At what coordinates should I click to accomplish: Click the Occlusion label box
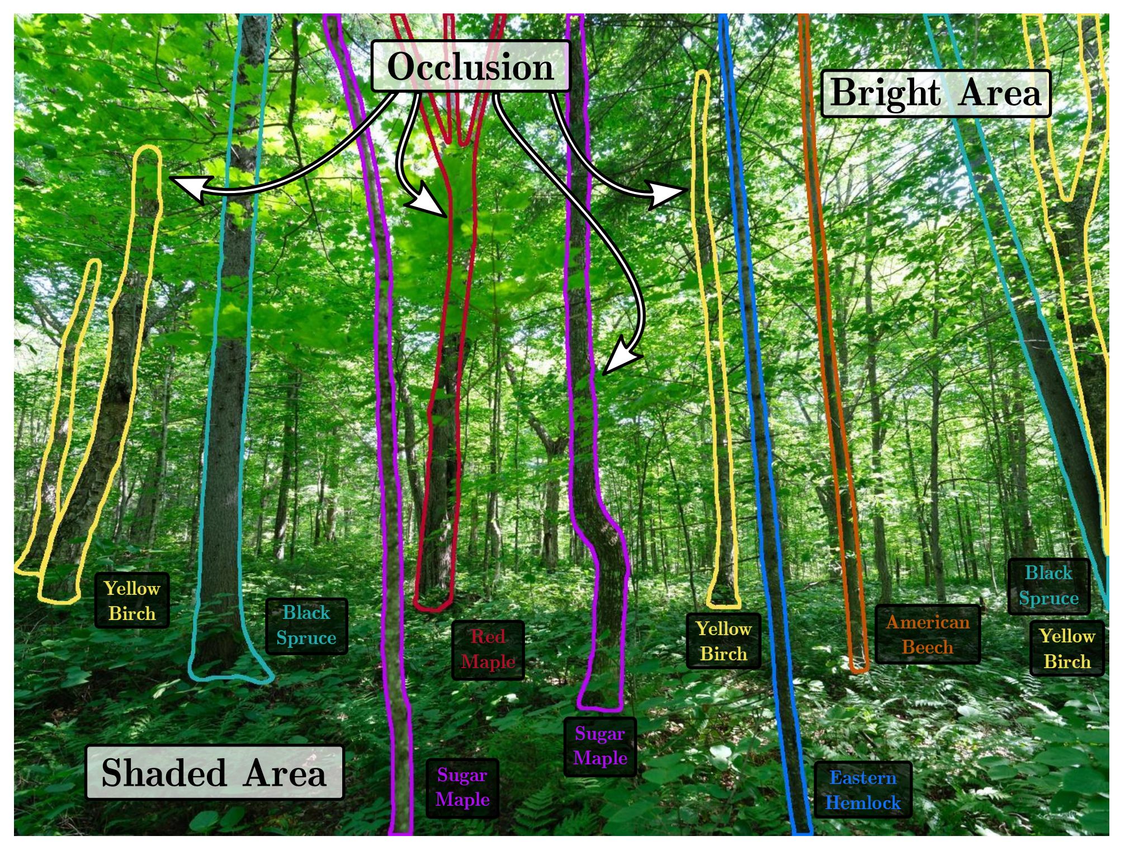[x=470, y=66]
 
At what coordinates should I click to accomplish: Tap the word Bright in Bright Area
[x=885, y=92]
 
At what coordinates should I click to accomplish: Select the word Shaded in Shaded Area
[x=164, y=773]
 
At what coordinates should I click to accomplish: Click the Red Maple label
[x=488, y=650]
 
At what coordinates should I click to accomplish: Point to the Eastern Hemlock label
[x=863, y=790]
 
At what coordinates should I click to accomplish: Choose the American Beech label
[x=928, y=635]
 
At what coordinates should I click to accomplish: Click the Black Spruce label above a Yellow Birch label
[x=1048, y=586]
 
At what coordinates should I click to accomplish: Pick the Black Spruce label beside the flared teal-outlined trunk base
[x=306, y=626]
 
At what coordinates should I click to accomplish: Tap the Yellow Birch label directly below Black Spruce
[x=1067, y=649]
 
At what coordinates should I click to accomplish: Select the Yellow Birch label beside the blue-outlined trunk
[x=724, y=641]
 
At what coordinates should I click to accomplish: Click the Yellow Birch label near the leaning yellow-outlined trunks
[x=132, y=601]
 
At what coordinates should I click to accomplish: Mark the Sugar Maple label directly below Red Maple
[x=462, y=787]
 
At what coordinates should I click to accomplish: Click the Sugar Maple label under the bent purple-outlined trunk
[x=600, y=746]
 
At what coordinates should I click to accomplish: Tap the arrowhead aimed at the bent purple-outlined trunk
[x=618, y=358]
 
